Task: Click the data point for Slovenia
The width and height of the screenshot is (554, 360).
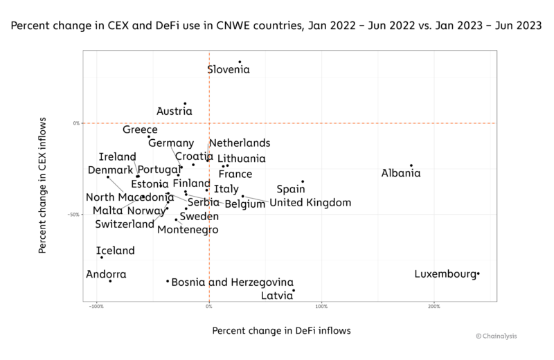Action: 240,62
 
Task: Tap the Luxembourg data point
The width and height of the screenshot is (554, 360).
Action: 479,274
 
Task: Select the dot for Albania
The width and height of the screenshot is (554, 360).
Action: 411,165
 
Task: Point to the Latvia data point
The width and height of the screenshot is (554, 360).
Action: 294,291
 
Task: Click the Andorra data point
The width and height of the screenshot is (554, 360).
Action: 110,281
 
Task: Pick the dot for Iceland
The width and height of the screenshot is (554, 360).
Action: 102,258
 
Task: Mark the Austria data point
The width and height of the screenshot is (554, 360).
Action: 185,104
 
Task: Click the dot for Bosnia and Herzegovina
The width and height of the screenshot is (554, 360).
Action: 168,281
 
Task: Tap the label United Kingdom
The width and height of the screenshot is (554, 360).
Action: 310,203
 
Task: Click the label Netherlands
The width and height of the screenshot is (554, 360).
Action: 240,143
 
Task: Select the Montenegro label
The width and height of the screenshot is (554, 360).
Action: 188,230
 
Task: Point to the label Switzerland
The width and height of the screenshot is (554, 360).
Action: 125,224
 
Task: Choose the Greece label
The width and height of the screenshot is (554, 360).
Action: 141,129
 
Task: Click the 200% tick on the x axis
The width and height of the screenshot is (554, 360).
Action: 434,305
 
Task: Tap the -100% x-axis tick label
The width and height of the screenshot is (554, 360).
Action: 97,305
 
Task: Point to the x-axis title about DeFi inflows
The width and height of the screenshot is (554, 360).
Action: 281,330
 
